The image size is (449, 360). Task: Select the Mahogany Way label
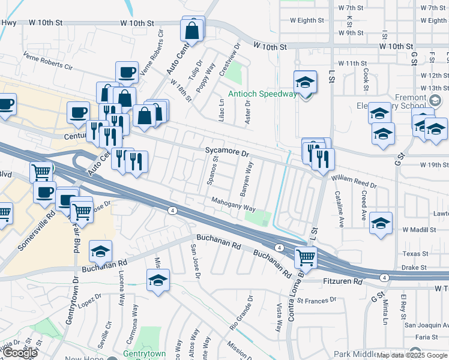click(x=233, y=205)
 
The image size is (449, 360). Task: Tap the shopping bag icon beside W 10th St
click(x=191, y=31)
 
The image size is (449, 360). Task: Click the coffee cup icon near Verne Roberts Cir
click(x=127, y=73)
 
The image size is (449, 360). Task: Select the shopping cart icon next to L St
click(x=306, y=257)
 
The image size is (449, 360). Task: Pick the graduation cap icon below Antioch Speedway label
click(x=305, y=83)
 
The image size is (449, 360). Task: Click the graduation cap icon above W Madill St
click(x=381, y=223)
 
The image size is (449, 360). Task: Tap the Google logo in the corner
click(x=20, y=353)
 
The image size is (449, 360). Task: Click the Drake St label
click(x=414, y=267)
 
